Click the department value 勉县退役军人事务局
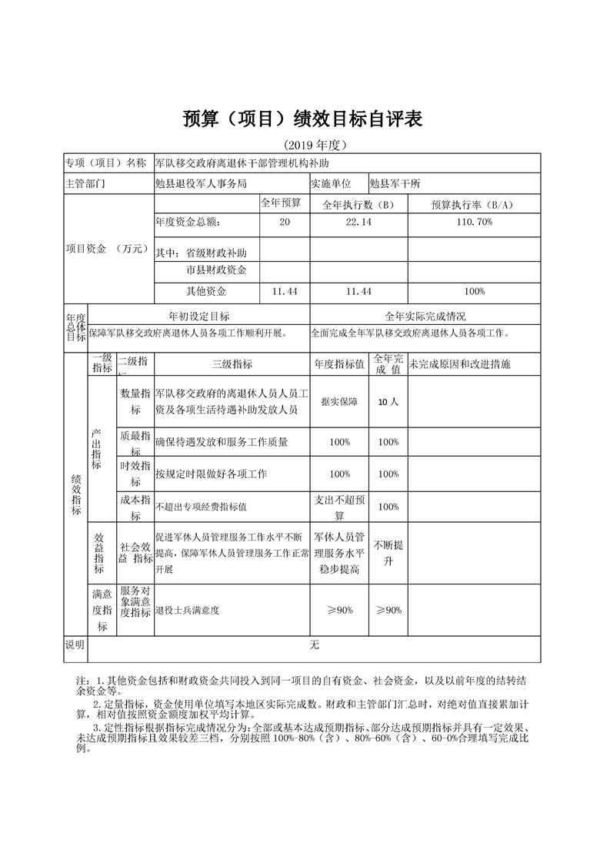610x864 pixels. point(201,183)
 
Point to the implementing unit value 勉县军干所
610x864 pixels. point(395,183)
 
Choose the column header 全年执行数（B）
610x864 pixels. point(358,204)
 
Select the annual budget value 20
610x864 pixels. point(285,223)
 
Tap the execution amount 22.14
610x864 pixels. point(358,223)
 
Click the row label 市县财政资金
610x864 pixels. point(216,270)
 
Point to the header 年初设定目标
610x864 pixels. point(198,316)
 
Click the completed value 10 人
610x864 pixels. point(388,401)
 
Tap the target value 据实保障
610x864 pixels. point(339,401)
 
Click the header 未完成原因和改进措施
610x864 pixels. point(460,364)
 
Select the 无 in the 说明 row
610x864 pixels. point(314,645)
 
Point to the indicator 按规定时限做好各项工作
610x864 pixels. point(211,474)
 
